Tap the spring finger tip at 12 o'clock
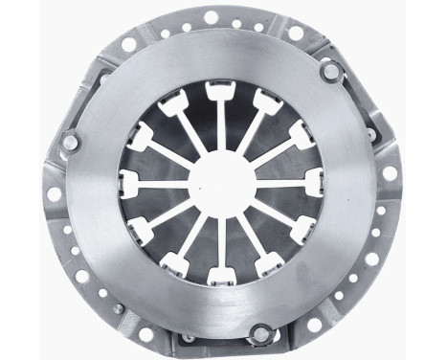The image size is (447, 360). click(x=218, y=93)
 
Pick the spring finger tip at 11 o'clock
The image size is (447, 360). click(x=175, y=103)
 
